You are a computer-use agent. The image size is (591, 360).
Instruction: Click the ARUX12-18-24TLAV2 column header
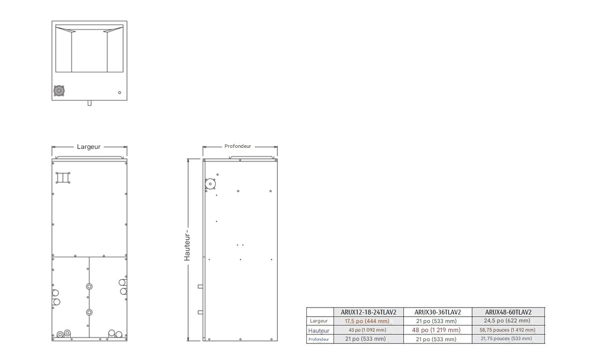368,312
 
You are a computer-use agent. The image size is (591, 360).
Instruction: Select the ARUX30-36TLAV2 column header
437,312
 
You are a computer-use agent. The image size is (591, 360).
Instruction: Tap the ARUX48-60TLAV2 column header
508,312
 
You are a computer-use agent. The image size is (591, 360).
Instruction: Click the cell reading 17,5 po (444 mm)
367,321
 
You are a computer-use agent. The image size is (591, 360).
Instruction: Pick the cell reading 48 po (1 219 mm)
436,330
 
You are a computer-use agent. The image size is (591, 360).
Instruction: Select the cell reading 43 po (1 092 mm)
367,330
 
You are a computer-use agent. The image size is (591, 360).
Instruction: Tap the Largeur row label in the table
319,321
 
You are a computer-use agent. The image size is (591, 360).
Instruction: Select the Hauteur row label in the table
319,330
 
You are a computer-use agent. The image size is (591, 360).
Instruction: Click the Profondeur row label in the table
319,339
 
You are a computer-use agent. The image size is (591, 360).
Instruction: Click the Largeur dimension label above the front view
89,147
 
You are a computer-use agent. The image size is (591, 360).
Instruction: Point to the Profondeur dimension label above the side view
238,146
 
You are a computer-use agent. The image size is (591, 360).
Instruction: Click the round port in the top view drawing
59,92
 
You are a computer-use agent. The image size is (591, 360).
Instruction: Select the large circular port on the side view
210,184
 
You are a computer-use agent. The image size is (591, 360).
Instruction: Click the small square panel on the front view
63,177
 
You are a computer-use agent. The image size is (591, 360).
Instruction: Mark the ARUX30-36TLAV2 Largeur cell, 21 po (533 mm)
436,321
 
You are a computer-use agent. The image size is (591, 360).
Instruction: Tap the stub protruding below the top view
89,103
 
